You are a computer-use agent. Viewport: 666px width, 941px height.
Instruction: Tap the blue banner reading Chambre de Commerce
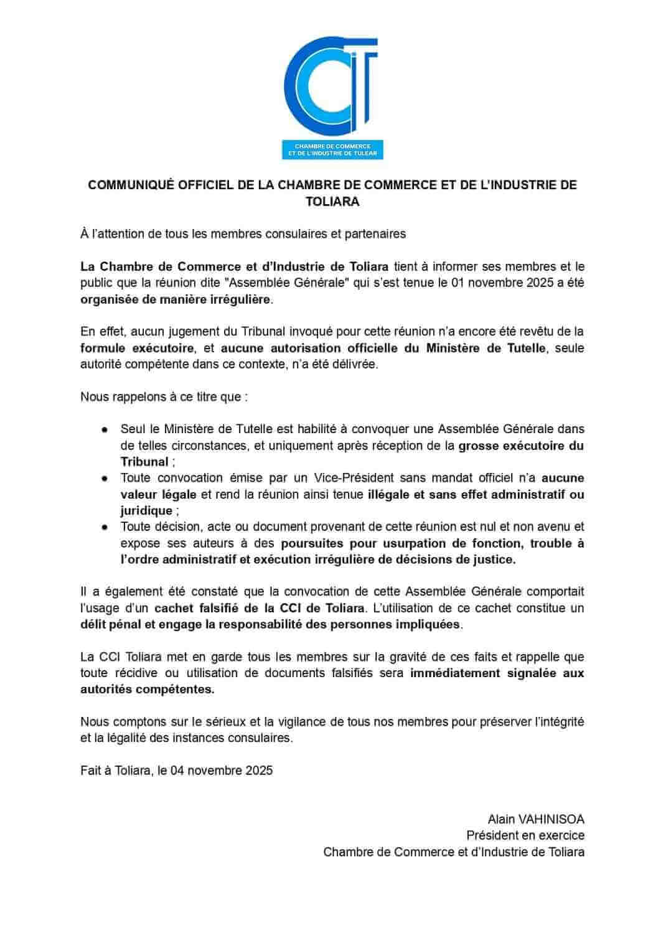[x=332, y=149]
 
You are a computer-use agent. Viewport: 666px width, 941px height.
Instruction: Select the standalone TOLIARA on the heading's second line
[x=332, y=202]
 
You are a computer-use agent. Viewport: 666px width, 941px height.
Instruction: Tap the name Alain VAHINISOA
[x=536, y=819]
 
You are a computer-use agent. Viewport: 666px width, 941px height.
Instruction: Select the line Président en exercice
[x=525, y=835]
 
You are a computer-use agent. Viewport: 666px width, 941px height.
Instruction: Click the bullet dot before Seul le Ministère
[x=106, y=429]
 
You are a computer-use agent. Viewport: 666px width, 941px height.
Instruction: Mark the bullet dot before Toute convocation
[x=106, y=479]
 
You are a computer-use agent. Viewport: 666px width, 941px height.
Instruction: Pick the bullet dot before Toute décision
[x=106, y=527]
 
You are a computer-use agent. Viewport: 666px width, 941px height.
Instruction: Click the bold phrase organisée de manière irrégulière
[x=176, y=299]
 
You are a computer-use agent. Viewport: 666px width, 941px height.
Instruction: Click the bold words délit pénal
[x=111, y=624]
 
